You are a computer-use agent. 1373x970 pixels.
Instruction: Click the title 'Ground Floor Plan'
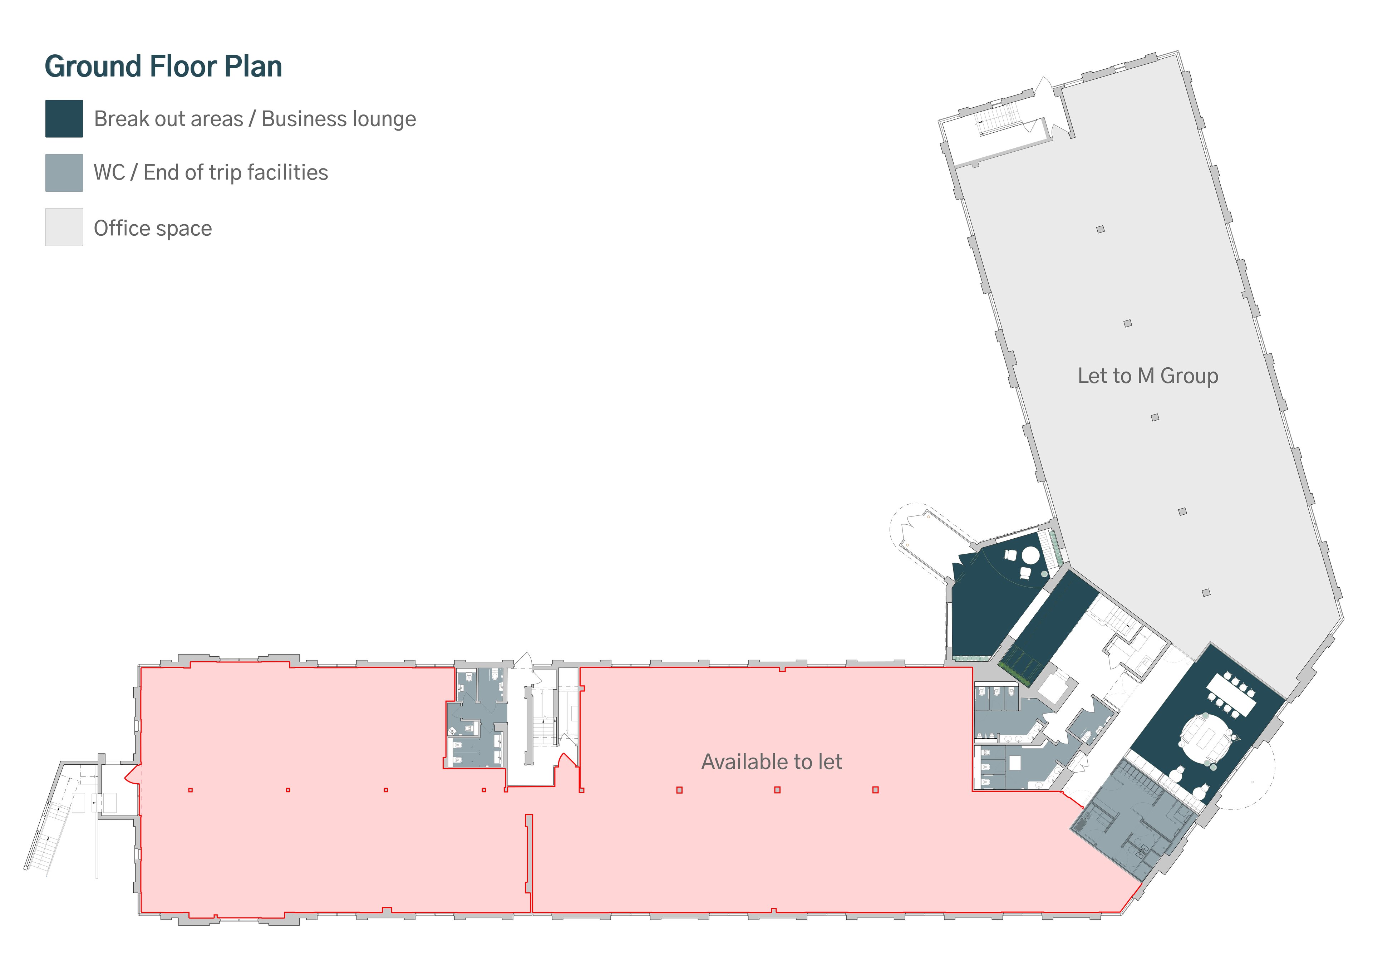tap(163, 67)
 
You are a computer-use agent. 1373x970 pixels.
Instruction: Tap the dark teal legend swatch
tap(64, 118)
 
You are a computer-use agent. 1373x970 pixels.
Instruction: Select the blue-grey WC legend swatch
tap(64, 173)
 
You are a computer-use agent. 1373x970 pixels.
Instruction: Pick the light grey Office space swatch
tap(64, 227)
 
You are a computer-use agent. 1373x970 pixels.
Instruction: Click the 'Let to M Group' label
tap(1147, 376)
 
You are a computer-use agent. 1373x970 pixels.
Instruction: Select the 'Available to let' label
tap(771, 762)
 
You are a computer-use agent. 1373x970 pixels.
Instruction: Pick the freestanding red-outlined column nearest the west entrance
tap(190, 790)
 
